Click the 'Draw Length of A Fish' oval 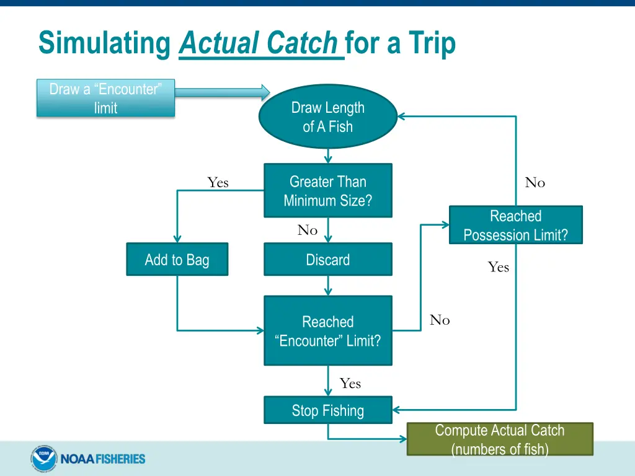pos(327,117)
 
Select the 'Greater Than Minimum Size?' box pos(327,190)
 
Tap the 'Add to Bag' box pos(177,259)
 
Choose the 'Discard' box pos(327,259)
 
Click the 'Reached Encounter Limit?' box pos(327,330)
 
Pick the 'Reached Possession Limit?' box pos(515,225)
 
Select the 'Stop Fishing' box pos(327,410)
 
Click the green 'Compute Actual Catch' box pos(499,439)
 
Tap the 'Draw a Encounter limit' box pos(105,98)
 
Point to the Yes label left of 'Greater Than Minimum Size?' pos(218,182)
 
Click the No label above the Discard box pos(307,231)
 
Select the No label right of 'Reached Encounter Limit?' pos(440,320)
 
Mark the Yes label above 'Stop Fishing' pos(350,384)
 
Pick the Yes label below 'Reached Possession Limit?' pos(498,267)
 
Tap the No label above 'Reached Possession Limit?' pos(535,182)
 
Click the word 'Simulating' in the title pos(104,43)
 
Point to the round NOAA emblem pos(43,459)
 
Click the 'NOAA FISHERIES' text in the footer pos(102,459)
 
